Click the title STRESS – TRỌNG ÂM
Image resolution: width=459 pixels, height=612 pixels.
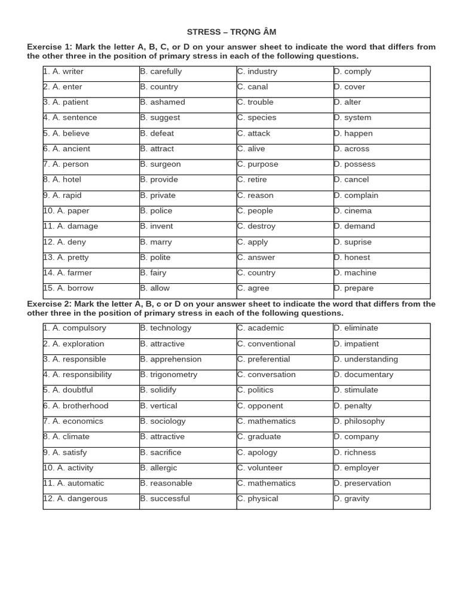(x=231, y=32)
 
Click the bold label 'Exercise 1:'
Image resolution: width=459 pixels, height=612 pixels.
(x=50, y=47)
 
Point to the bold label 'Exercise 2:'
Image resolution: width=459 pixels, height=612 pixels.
(x=50, y=304)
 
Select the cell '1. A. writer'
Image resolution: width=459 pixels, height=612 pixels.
(x=63, y=72)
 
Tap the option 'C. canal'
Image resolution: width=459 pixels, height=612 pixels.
(x=253, y=87)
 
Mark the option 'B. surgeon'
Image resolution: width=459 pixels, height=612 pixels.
(x=160, y=164)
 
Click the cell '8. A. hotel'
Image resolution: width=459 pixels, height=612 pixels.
(x=62, y=180)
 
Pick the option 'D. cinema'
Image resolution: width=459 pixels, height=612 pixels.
(x=353, y=211)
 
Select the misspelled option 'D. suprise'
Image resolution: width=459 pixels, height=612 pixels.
(x=353, y=242)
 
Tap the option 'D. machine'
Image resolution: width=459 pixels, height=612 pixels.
(x=355, y=273)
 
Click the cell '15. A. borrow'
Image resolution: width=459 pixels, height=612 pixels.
(x=68, y=289)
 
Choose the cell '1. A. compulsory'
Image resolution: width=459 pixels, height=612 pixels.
(x=75, y=328)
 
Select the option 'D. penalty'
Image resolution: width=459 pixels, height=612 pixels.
(x=353, y=406)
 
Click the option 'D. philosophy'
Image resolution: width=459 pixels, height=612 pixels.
(x=359, y=421)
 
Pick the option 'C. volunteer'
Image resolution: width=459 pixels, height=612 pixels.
(x=260, y=468)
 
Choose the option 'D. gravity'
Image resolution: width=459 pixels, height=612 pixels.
(x=351, y=499)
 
